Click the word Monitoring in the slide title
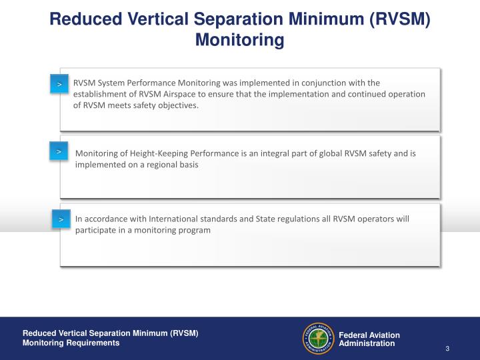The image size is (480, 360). point(239,40)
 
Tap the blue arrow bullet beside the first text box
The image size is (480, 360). point(59,85)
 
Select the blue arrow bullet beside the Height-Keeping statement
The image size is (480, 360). point(59,153)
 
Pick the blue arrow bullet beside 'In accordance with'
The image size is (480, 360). point(61,219)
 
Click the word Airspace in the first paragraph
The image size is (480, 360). point(194,94)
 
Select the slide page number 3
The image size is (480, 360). point(447,349)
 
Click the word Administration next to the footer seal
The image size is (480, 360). point(367,343)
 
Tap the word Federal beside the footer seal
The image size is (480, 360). point(353,335)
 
